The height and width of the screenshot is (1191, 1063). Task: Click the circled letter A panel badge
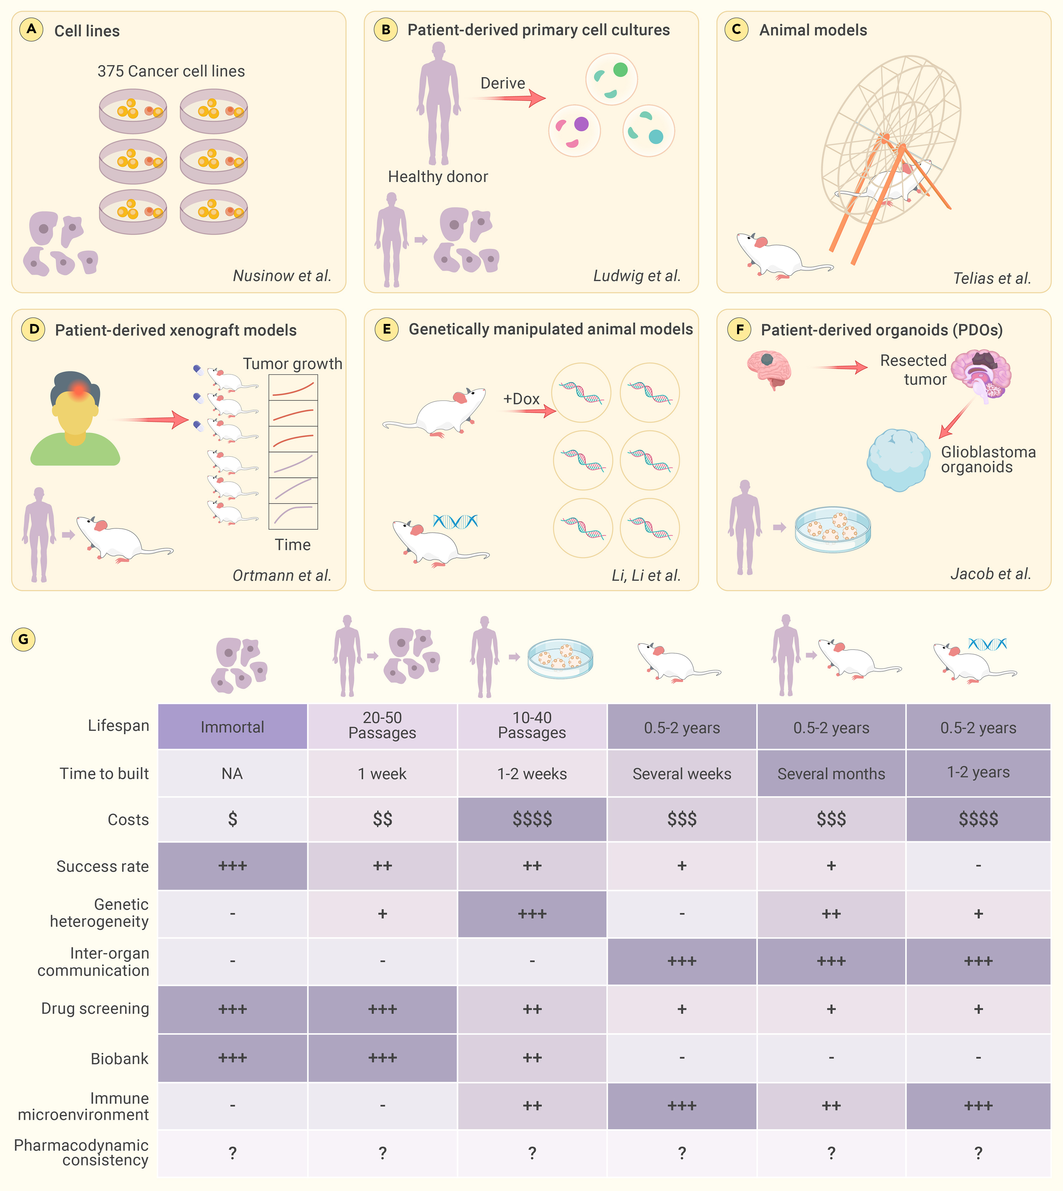pyautogui.click(x=31, y=29)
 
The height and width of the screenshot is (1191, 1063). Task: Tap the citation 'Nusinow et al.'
pyautogui.click(x=282, y=276)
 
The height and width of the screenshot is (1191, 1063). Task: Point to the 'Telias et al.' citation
pyautogui.click(x=992, y=278)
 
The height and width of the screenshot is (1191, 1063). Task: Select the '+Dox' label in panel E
pyautogui.click(x=521, y=399)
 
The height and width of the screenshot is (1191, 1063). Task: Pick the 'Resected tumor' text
pyautogui.click(x=913, y=370)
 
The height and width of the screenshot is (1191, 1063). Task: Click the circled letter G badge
pyautogui.click(x=24, y=639)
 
